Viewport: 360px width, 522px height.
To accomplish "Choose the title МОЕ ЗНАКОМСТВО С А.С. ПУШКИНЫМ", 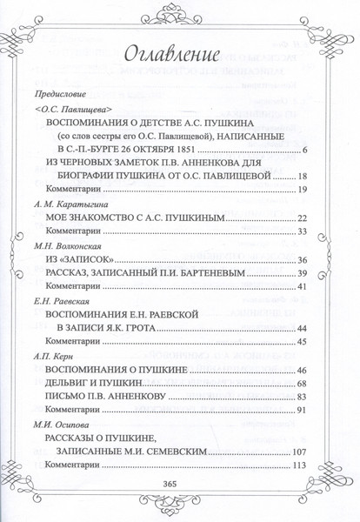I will tap(143, 217).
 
